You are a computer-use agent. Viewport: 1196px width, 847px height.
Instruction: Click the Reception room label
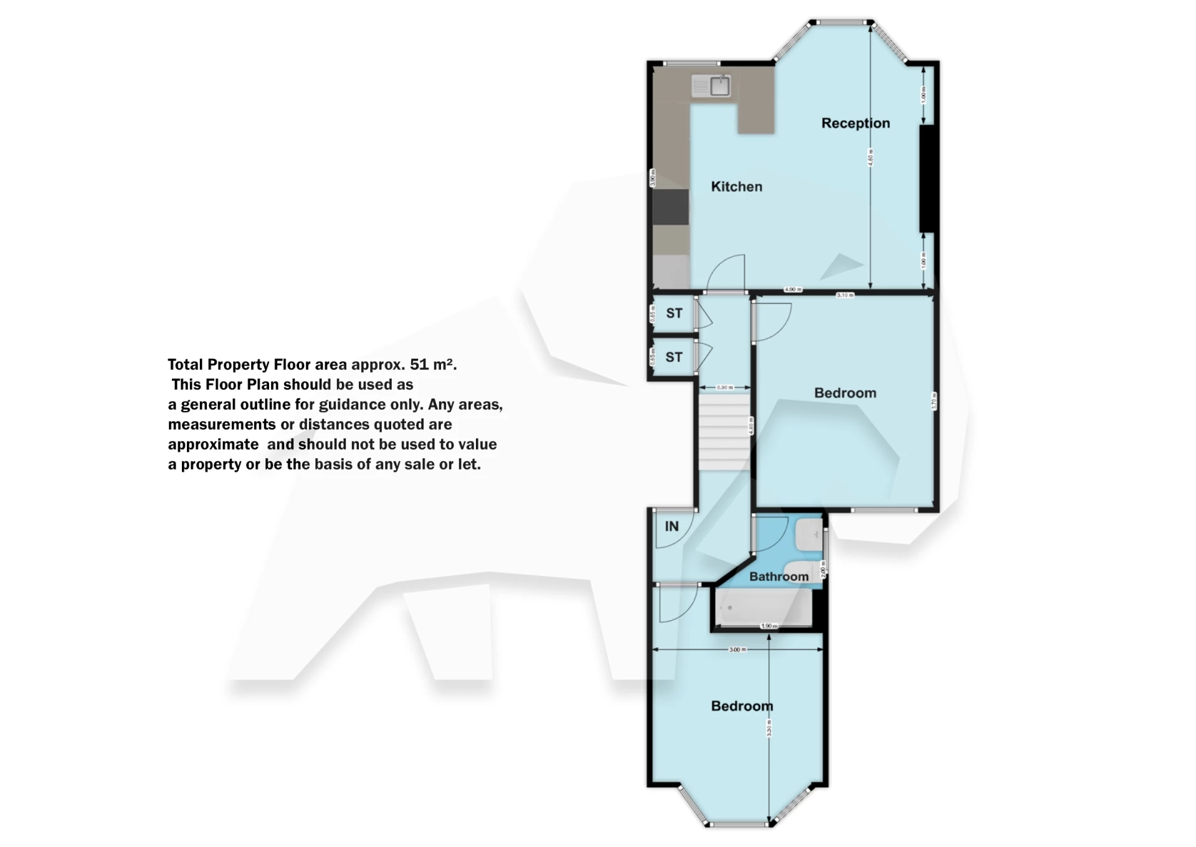(855, 123)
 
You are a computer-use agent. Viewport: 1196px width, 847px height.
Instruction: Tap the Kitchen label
(736, 187)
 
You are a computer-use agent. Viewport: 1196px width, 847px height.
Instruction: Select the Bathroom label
(779, 577)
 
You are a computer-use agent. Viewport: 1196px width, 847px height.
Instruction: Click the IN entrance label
(672, 527)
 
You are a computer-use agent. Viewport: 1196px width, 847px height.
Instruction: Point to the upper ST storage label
(674, 313)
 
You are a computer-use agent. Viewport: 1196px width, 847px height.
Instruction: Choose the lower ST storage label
(674, 357)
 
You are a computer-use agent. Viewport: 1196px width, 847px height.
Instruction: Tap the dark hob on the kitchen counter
(670, 207)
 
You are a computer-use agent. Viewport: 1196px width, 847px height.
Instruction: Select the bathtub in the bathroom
(764, 607)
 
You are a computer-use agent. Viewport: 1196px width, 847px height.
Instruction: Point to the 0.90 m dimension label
(725, 387)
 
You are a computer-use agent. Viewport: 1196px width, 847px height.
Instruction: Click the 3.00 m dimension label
(738, 650)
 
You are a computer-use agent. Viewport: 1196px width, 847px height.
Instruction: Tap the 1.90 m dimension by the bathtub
(769, 626)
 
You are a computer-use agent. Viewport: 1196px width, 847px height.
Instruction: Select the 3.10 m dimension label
(845, 295)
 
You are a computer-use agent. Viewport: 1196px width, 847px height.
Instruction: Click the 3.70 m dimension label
(934, 400)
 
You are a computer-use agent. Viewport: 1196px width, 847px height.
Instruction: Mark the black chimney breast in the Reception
(927, 179)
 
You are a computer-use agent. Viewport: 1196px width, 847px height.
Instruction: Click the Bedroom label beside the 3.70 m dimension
(845, 393)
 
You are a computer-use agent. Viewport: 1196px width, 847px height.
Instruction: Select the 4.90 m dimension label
(793, 290)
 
